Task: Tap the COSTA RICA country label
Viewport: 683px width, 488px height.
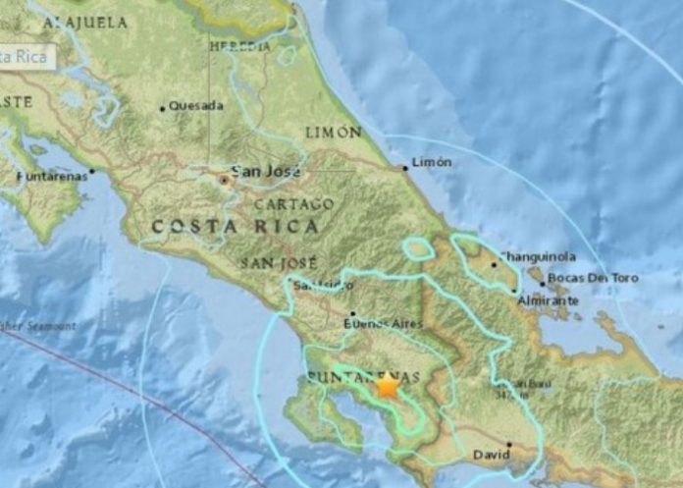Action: click(235, 227)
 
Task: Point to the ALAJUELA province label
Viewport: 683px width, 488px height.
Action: click(85, 21)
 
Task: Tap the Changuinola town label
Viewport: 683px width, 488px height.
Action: click(538, 256)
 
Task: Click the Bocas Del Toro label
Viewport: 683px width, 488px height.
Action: click(593, 278)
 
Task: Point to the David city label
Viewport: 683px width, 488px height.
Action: click(492, 456)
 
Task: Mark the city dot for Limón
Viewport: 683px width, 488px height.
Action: click(404, 168)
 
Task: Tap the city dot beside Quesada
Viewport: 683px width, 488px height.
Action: click(162, 108)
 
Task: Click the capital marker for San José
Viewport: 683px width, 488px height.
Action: click(225, 180)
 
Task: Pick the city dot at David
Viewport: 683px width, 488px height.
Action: click(509, 444)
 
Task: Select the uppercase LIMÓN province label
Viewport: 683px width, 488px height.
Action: click(333, 132)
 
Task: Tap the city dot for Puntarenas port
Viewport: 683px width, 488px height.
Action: click(92, 171)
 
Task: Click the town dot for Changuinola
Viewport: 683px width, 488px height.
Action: click(494, 263)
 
